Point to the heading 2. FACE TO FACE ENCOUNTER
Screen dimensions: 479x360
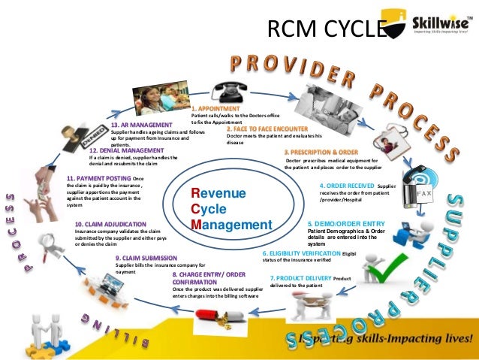coord(266,129)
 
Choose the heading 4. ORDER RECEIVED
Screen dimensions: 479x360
coord(347,185)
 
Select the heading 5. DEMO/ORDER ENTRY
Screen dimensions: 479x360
coord(347,224)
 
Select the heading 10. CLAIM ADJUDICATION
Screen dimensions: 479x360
coord(113,224)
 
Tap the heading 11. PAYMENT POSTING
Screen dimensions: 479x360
coord(98,178)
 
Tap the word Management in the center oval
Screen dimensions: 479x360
coord(231,225)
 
